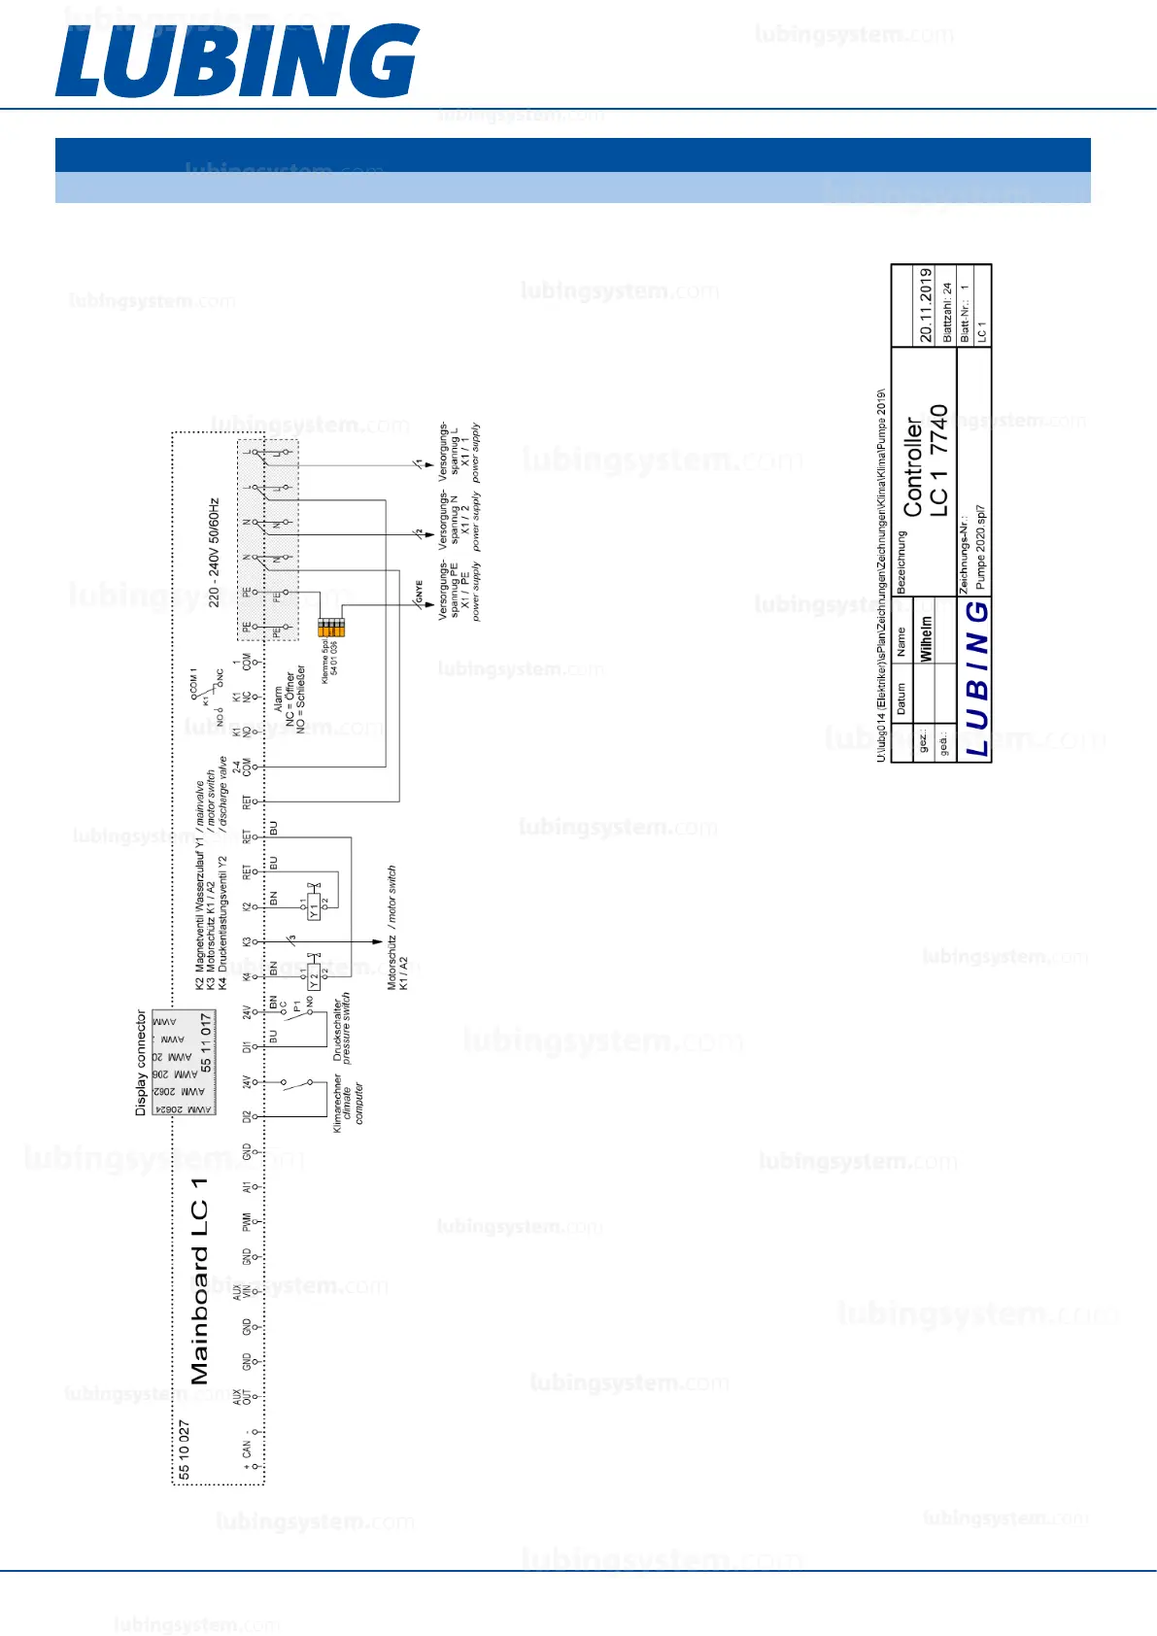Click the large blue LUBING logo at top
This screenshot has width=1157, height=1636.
pos(237,60)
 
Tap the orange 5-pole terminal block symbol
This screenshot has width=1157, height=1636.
pos(331,627)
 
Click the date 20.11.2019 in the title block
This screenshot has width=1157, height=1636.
pos(926,305)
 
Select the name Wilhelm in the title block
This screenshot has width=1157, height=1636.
pos(926,638)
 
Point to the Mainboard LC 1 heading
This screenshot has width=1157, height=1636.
pos(200,1280)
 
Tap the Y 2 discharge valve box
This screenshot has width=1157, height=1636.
pos(314,976)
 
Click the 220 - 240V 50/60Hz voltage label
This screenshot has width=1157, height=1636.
pos(215,552)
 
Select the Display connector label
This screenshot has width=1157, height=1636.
pos(141,1062)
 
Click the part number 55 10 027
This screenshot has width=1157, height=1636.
pos(185,1449)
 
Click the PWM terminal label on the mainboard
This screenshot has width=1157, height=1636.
pos(247,1221)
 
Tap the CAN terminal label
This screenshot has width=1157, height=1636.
pos(247,1449)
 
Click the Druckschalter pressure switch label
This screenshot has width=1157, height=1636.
pos(342,1028)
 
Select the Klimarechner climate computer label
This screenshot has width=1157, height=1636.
pos(348,1103)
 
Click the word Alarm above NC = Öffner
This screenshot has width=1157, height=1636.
pos(278,699)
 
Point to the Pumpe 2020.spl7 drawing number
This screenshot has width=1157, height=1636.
pos(980,546)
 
